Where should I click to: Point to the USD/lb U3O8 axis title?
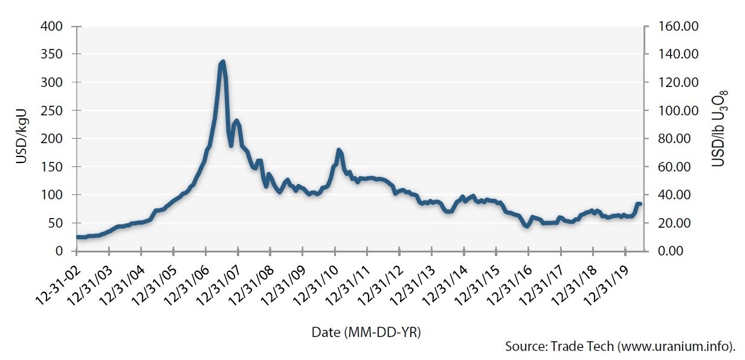[720, 129]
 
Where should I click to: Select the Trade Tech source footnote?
[620, 347]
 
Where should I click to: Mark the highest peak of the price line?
[223, 62]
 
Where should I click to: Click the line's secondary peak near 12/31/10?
[338, 150]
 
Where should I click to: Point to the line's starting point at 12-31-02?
[77, 237]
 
